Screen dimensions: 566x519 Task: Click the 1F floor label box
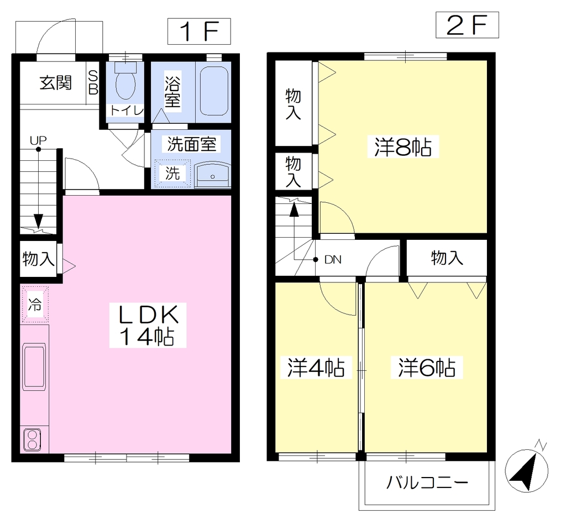(199, 32)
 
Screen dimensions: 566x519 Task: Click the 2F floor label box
(467, 25)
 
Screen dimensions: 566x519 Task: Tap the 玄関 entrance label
(56, 83)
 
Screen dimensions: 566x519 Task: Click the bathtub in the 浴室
(214, 91)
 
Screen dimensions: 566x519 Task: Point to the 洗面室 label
(192, 144)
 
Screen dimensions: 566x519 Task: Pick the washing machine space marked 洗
(172, 174)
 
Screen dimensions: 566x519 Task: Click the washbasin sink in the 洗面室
(212, 175)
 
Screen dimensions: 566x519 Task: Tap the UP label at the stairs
(38, 140)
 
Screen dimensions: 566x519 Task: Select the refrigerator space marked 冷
(35, 304)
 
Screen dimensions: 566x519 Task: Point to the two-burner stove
(32, 440)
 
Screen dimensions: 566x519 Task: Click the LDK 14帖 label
(148, 325)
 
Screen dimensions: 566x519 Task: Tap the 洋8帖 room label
(403, 146)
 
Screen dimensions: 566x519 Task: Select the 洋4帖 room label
(316, 368)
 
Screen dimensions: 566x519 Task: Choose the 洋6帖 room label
(427, 368)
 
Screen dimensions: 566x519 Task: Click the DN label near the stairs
(333, 260)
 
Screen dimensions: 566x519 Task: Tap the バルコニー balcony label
(427, 482)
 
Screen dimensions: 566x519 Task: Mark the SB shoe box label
(93, 83)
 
